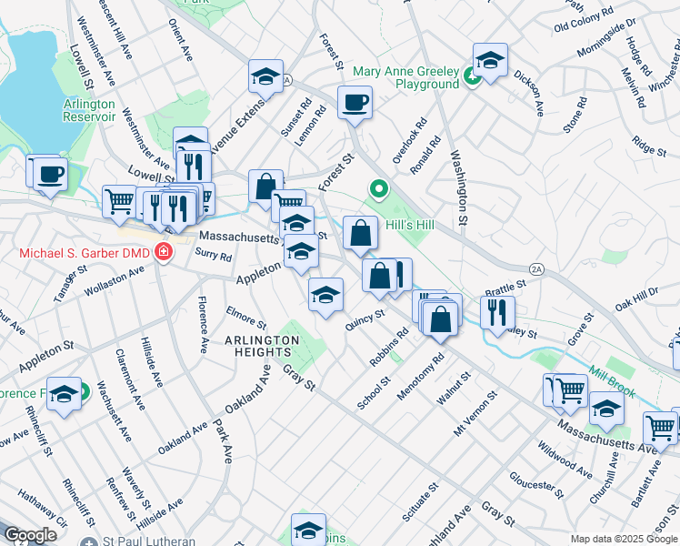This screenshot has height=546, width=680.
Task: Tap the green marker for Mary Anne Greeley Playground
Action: [x=471, y=77]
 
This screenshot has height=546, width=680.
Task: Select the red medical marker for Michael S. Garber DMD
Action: [x=164, y=250]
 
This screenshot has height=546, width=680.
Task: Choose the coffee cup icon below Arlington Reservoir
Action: [x=50, y=173]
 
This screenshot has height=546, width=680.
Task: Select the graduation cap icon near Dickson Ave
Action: [x=490, y=61]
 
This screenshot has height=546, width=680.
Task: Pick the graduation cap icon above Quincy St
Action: [x=325, y=294]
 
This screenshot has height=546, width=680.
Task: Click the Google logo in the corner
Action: [x=30, y=534]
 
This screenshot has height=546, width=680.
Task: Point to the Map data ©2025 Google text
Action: [x=623, y=539]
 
